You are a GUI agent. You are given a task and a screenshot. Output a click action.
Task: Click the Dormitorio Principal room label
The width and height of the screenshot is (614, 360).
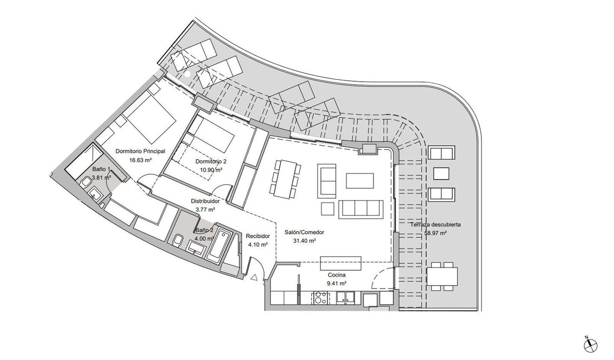click(140, 151)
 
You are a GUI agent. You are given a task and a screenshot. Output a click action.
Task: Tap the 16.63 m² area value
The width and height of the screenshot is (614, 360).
click(140, 160)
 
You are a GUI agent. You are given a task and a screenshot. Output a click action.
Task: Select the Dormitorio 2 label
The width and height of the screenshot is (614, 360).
click(211, 162)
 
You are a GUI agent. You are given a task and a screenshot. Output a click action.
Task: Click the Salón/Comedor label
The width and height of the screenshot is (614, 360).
click(304, 232)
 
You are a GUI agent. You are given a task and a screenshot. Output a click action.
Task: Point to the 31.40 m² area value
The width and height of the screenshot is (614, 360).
click(304, 241)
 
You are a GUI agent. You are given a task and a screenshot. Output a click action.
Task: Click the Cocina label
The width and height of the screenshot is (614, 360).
click(337, 275)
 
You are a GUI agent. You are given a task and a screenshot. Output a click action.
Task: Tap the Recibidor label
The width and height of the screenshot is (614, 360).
click(258, 236)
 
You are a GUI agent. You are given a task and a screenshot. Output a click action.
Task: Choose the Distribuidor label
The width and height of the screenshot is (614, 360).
click(205, 201)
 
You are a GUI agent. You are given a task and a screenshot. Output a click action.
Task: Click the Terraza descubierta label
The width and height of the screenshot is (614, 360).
click(435, 224)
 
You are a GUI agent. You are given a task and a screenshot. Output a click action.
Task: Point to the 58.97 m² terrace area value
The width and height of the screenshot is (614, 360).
click(435, 233)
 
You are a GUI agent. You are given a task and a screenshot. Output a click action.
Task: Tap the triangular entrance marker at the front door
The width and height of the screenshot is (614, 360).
click(254, 278)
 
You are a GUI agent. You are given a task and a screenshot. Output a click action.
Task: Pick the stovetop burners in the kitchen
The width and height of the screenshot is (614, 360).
click(320, 298)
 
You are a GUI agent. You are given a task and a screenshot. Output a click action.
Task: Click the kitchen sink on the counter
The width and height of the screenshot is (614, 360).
click(346, 298)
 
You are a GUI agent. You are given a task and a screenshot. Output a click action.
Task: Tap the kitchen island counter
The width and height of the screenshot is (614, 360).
click(341, 263)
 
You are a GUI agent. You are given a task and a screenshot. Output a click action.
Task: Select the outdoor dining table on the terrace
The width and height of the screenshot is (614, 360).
click(442, 277)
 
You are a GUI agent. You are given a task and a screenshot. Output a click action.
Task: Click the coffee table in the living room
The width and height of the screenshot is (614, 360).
click(360, 181)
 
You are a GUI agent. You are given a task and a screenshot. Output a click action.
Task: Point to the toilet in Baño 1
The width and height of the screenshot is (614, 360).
click(85, 182)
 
